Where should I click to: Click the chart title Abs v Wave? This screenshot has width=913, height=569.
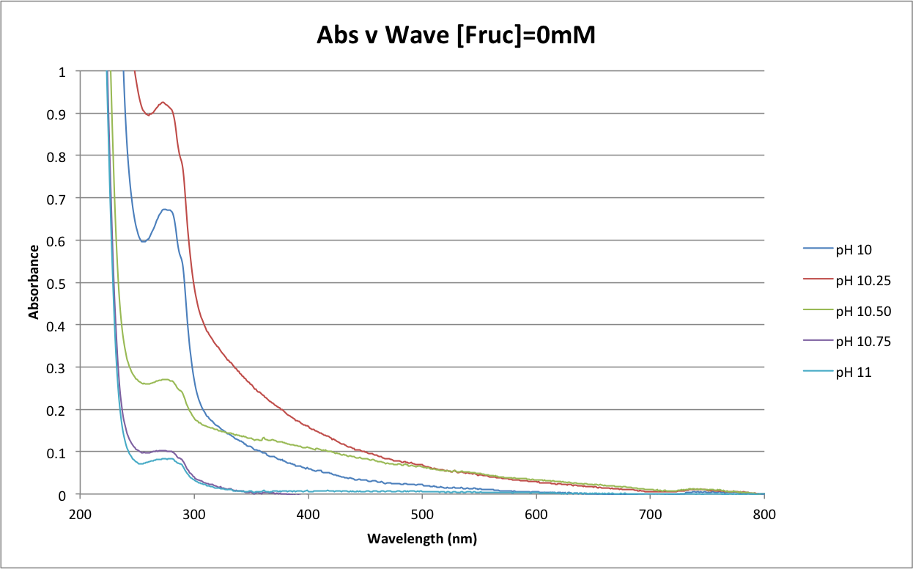(456, 34)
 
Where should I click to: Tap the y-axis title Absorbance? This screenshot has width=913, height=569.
(34, 282)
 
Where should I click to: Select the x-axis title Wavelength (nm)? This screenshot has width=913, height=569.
(422, 540)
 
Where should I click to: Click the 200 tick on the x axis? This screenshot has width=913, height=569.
(80, 513)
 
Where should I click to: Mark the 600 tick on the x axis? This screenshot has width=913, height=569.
(536, 513)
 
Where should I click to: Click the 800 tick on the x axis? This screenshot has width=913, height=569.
(764, 513)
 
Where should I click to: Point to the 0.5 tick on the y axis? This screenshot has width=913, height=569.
(62, 283)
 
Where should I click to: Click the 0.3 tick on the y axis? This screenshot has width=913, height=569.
(62, 367)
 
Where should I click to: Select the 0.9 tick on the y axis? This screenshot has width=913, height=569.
(62, 114)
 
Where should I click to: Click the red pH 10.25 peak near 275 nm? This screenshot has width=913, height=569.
(163, 103)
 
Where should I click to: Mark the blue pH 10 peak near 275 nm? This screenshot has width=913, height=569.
(166, 210)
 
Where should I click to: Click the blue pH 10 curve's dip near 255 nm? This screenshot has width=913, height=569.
(144, 241)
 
